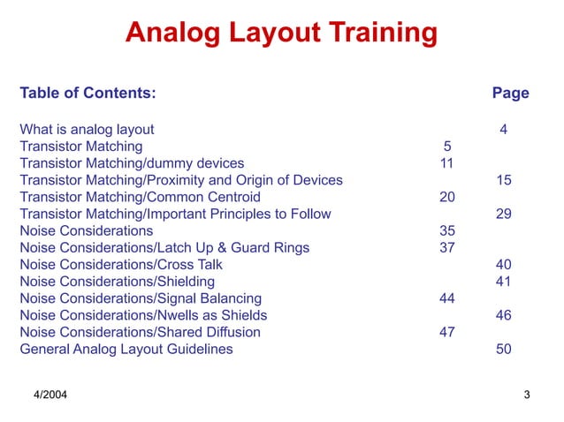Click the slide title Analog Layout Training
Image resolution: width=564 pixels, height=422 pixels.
point(281,33)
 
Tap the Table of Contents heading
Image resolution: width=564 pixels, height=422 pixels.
point(88,93)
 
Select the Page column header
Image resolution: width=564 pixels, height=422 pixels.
point(510,93)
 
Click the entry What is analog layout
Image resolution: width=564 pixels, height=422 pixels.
point(87,130)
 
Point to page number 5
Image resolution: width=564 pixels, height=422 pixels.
point(447,147)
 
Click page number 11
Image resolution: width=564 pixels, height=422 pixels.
point(447,163)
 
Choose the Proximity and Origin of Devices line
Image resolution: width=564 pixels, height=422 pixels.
point(181,180)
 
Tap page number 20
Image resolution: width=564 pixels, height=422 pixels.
point(447,197)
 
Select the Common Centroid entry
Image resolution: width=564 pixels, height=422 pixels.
point(140,197)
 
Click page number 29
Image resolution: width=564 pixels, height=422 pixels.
point(504,214)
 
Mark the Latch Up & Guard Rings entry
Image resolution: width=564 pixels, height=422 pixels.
point(164,247)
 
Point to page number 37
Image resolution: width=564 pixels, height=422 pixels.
point(447,247)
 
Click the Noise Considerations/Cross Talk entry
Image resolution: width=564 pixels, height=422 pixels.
point(121,264)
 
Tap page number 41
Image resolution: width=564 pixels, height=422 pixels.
point(504,281)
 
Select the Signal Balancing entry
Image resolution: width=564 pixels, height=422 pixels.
point(141,298)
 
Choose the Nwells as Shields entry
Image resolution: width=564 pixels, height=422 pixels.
point(143,315)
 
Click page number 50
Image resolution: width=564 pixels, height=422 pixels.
point(504,349)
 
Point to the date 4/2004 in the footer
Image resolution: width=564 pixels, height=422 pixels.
point(50,394)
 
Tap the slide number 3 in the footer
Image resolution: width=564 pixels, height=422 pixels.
point(527,394)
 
